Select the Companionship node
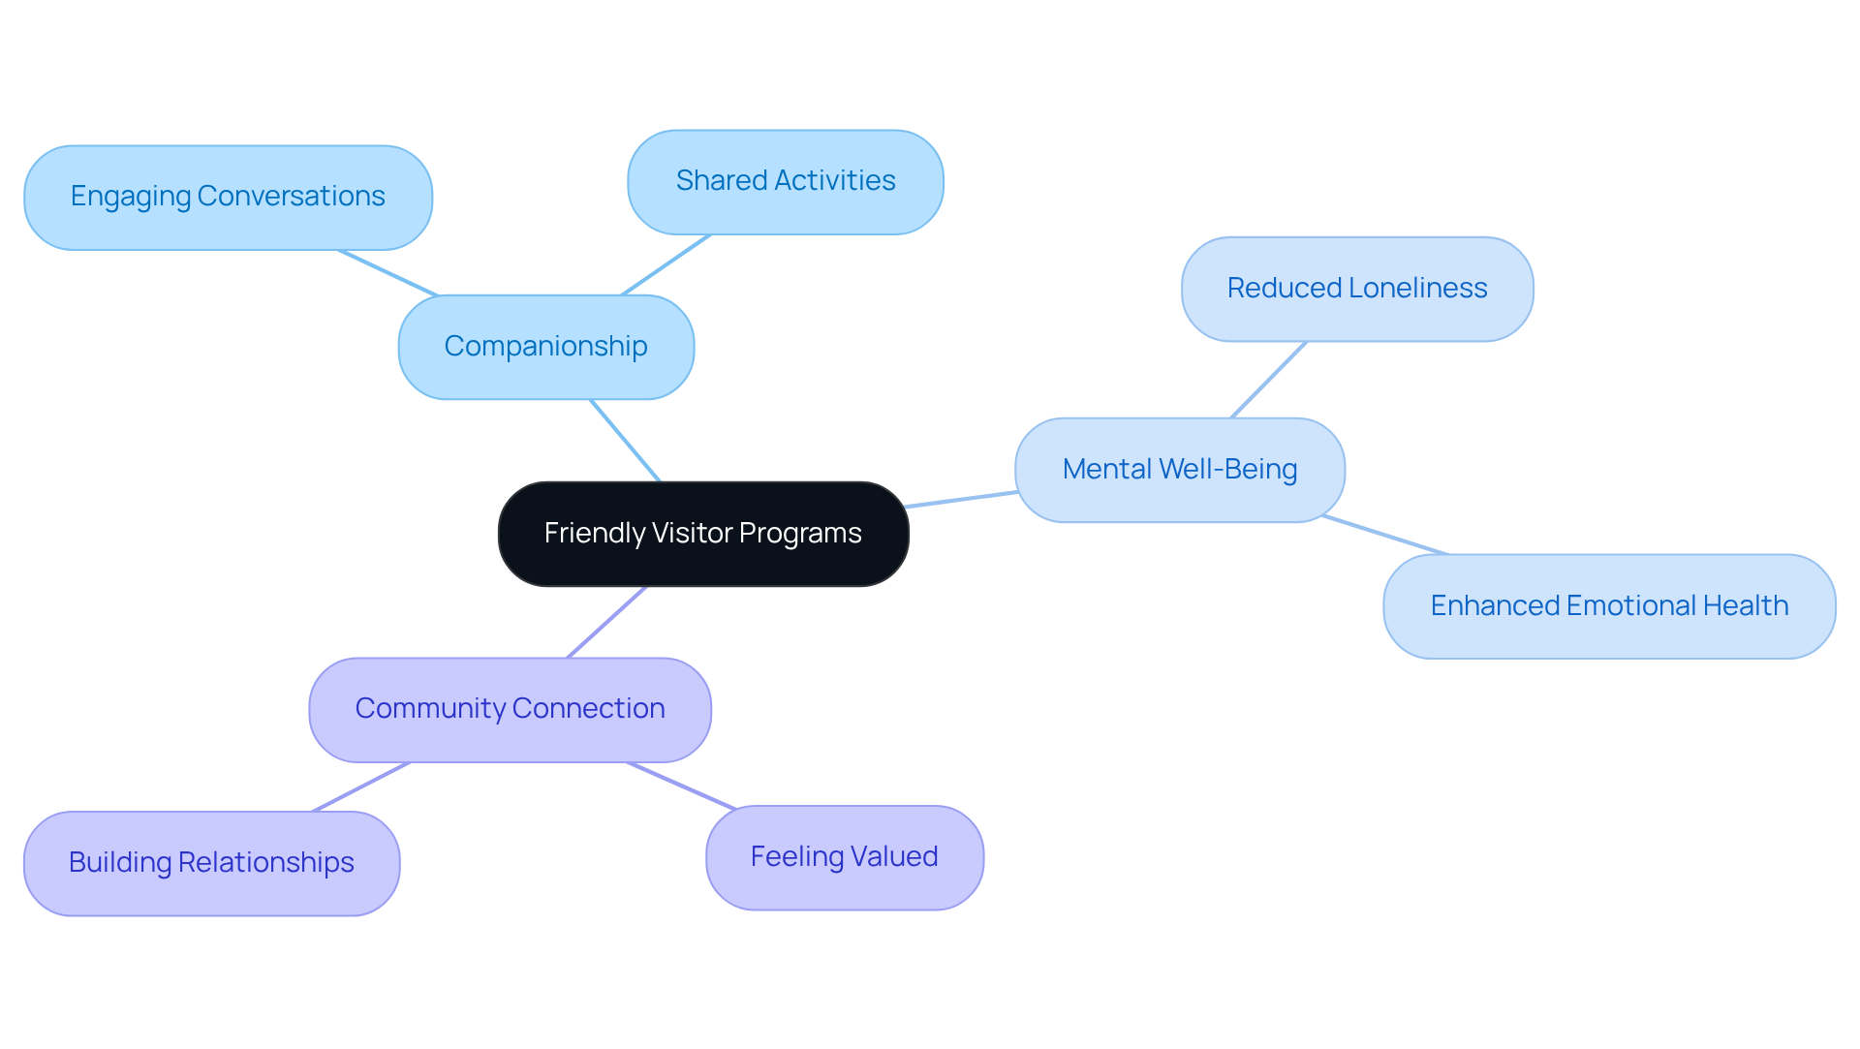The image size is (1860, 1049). coord(545,347)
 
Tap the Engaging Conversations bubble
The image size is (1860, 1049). coord(228,197)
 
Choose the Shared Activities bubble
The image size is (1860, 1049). coord(785,181)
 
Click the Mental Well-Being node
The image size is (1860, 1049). coord(1179,470)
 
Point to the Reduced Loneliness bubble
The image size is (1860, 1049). coord(1356,289)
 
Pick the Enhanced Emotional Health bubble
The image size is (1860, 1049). coord(1608,606)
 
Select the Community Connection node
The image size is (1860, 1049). coord(510,709)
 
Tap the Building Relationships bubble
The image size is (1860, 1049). coord(211,863)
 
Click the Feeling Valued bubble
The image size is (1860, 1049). coord(844,857)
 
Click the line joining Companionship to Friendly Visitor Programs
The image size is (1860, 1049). coord(626,441)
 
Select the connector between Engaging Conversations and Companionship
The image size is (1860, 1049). coord(388,273)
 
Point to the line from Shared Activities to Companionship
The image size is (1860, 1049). coord(666,264)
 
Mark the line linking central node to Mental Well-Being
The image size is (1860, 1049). coord(961,499)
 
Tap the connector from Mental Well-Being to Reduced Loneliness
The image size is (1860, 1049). coord(1269,380)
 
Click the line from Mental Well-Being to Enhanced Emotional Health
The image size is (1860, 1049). coord(1385,536)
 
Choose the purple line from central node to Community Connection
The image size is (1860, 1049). coord(606,622)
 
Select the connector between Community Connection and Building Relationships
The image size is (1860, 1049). coord(360,787)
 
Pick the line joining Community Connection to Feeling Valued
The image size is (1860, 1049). coord(682,786)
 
